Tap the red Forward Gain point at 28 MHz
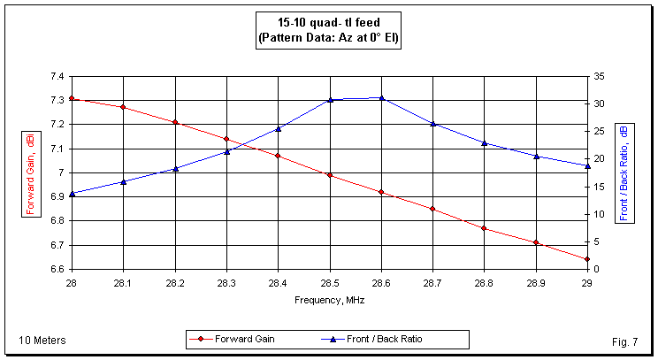click(x=72, y=98)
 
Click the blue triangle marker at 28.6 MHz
click(x=381, y=97)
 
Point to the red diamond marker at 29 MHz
click(x=587, y=259)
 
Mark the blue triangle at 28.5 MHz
click(x=330, y=100)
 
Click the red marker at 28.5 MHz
click(x=330, y=175)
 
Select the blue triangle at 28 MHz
click(x=72, y=193)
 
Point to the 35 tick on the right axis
click(x=600, y=76)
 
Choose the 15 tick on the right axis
click(x=600, y=187)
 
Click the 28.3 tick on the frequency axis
click(x=226, y=282)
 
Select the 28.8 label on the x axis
click(x=485, y=282)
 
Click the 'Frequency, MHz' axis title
click(x=329, y=300)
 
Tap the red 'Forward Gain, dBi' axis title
click(x=30, y=172)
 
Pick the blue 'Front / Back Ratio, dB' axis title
click(x=624, y=172)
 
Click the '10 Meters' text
click(x=42, y=341)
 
